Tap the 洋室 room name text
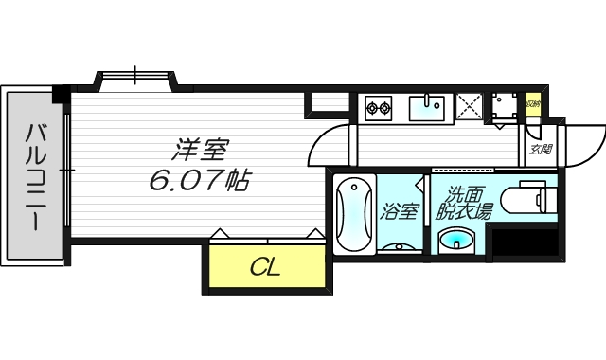[201, 149]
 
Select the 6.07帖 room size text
[199, 179]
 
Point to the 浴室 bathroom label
[399, 211]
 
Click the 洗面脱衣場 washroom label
[463, 204]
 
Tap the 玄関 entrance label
[541, 149]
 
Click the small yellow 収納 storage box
[533, 103]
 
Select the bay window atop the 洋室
[134, 78]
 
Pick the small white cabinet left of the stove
[331, 104]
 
